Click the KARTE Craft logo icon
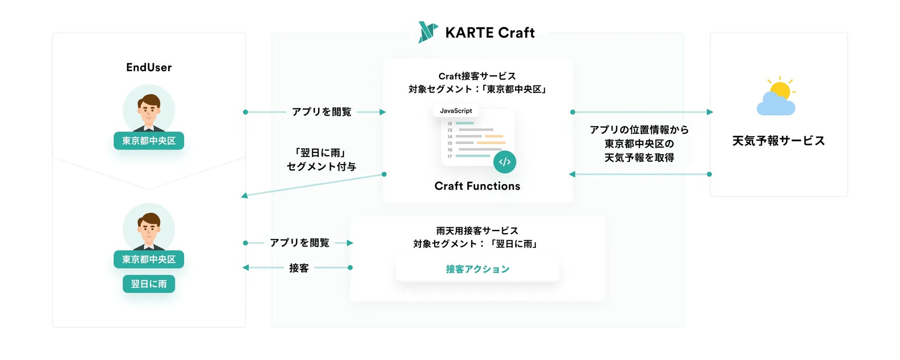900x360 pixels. [428, 32]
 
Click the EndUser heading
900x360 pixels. [149, 67]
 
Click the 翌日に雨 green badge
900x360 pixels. [149, 284]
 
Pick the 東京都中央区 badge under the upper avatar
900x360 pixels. [149, 141]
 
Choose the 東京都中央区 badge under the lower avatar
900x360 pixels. [149, 259]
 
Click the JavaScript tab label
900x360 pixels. [456, 111]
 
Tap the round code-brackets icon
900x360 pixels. [504, 162]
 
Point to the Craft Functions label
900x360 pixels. [477, 186]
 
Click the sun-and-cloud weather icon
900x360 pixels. [777, 96]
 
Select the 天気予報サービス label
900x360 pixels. [779, 141]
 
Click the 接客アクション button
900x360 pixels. [478, 269]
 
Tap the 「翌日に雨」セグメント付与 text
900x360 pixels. [321, 160]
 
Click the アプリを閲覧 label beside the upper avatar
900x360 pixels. [322, 112]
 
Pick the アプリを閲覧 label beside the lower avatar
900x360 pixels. [300, 243]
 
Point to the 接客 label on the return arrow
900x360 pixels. [299, 268]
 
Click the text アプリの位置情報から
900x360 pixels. [639, 130]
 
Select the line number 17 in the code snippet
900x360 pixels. [450, 156]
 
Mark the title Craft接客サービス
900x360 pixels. [477, 76]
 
